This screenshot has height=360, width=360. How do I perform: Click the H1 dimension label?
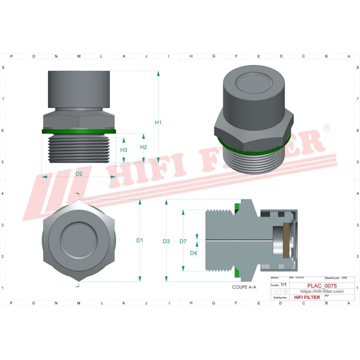[158, 122]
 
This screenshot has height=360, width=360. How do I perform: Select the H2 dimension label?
[143, 147]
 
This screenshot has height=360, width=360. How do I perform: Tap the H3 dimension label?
[123, 150]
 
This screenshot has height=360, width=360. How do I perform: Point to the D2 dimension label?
[79, 173]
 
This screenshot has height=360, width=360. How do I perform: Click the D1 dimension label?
[140, 240]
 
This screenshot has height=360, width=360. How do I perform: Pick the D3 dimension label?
[166, 241]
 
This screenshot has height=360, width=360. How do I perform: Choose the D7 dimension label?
[183, 241]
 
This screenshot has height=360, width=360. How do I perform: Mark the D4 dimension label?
[193, 253]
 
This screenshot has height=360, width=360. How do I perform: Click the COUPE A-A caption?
[244, 287]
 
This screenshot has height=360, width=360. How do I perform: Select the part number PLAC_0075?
[321, 285]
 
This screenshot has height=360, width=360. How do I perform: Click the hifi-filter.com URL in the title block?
[321, 291]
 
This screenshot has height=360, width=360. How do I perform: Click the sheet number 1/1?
[283, 284]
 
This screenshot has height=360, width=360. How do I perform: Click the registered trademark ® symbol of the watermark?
[326, 129]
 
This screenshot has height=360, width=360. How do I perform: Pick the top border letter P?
[11, 56]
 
